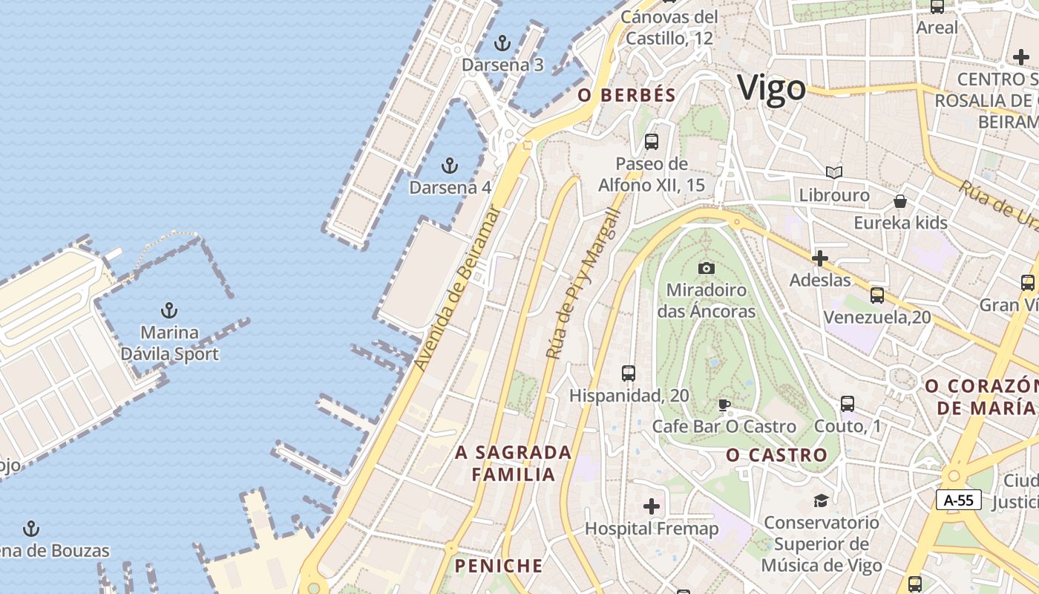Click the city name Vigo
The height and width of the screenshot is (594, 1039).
(771, 88)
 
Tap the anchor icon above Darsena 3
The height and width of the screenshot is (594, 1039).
(503, 43)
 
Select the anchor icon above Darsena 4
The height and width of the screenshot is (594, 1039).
(450, 165)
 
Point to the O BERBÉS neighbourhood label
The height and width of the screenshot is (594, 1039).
(627, 95)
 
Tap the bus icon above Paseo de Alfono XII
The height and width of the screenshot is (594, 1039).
(652, 141)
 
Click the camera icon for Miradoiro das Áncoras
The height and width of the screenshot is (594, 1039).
(707, 268)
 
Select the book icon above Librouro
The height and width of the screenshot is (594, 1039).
(834, 173)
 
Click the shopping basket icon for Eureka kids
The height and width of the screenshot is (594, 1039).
(900, 201)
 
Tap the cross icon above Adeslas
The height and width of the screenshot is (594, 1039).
(820, 258)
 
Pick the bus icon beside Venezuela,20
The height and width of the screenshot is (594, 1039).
(877, 295)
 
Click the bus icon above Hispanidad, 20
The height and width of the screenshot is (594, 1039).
(629, 373)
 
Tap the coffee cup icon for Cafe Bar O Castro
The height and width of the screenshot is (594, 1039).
(724, 405)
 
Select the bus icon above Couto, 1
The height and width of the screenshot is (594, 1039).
(848, 404)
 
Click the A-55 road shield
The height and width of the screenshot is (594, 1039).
(958, 500)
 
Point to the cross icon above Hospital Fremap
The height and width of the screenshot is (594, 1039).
(652, 506)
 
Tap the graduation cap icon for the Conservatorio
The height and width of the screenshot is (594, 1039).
(821, 500)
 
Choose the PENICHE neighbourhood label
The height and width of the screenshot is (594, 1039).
(499, 566)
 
